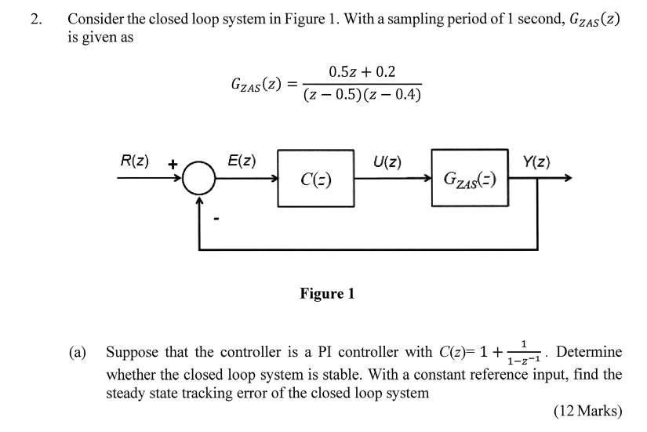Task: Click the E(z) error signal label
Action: (240, 162)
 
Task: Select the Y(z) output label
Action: (536, 162)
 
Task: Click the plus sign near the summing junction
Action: (173, 163)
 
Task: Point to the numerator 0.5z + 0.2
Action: (362, 72)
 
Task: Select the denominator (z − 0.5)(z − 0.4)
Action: (362, 95)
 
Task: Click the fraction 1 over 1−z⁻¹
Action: (523, 352)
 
